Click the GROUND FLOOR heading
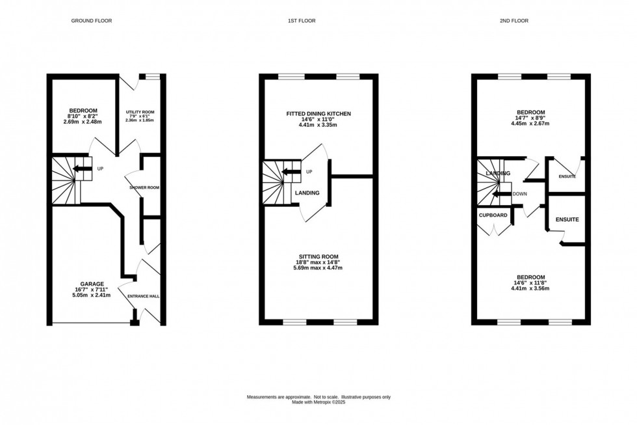(92, 21)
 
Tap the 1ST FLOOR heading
(302, 21)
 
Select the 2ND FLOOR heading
(513, 21)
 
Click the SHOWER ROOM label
(144, 187)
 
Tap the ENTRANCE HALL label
(144, 296)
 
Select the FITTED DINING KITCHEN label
(318, 113)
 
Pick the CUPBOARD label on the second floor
(493, 215)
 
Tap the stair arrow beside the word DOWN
(500, 193)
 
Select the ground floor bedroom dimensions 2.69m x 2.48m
(83, 122)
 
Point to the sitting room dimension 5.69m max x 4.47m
(318, 267)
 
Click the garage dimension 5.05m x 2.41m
(92, 295)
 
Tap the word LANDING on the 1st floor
(307, 193)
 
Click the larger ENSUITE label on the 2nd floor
(566, 220)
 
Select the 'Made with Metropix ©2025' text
(318, 402)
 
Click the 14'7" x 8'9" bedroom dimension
(531, 118)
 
